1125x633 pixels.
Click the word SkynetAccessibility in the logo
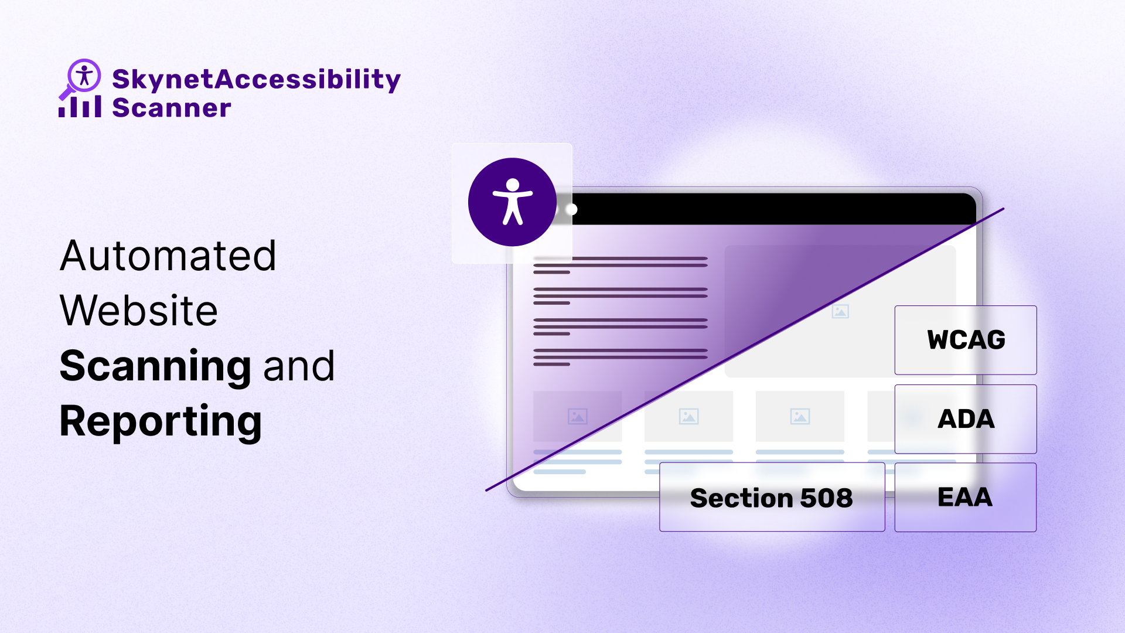256,79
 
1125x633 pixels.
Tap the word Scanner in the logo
171,108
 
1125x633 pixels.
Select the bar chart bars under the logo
80,107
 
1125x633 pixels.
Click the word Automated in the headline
168,256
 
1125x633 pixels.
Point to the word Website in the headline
139,311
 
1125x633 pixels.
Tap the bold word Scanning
156,366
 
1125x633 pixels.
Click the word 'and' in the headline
299,366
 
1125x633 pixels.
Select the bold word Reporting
161,421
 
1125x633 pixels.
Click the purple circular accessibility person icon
512,202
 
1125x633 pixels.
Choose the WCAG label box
966,340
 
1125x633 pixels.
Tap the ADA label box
966,419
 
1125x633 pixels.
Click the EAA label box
965,497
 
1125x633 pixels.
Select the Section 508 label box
772,498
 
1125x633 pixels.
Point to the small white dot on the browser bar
572,209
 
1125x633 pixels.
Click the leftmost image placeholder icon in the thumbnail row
577,417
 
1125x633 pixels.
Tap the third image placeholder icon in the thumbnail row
800,417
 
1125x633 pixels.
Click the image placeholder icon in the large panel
840,311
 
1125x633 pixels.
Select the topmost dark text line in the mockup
620,258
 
